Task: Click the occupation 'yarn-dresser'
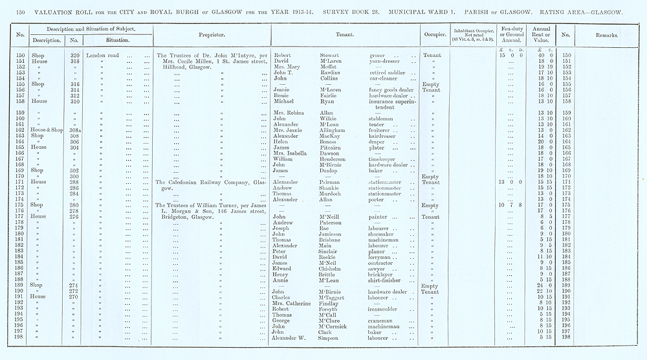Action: pyautogui.click(x=386, y=62)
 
